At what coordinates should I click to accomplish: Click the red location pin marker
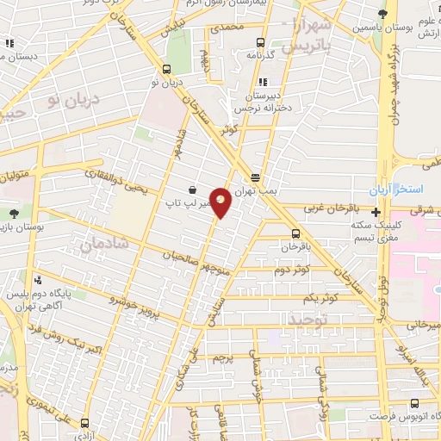pyautogui.click(x=221, y=202)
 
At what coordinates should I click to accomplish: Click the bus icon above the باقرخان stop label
pyautogui.click(x=295, y=233)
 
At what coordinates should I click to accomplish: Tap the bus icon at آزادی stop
pyautogui.click(x=84, y=424)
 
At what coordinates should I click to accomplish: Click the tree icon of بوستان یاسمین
pyautogui.click(x=382, y=14)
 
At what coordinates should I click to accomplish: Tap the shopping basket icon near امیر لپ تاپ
pyautogui.click(x=191, y=190)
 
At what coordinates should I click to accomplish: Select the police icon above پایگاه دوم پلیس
pyautogui.click(x=38, y=279)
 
